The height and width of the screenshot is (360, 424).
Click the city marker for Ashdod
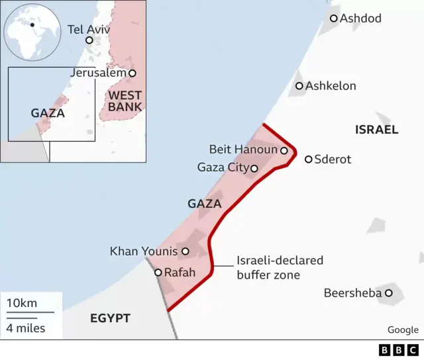333,19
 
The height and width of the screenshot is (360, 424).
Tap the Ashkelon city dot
299,86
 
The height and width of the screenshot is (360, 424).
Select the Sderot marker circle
309,159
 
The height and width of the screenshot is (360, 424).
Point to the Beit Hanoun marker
284,150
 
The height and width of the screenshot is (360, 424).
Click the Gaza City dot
254,168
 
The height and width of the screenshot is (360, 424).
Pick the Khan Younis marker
185,251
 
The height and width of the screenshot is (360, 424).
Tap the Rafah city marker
158,272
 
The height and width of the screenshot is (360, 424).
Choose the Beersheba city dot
389,292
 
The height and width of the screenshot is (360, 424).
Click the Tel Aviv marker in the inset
89,40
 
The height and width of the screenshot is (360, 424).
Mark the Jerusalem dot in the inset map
132,73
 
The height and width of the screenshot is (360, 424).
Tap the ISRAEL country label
376,130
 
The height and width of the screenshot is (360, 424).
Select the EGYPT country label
110,318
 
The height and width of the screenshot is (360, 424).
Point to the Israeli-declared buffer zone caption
280,267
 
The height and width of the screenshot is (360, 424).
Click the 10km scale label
22,303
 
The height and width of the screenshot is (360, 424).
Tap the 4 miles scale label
26,328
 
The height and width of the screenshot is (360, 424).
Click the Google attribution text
403,330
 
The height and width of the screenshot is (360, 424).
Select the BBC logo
398,350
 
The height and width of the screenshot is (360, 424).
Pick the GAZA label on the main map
204,204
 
